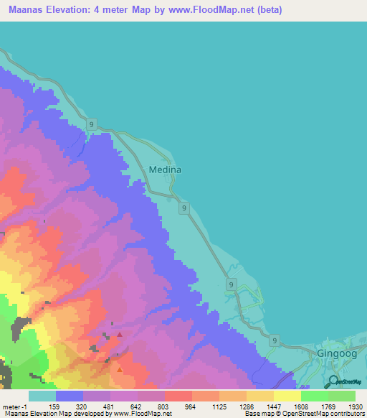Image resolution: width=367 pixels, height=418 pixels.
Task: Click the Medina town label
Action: [x=165, y=170]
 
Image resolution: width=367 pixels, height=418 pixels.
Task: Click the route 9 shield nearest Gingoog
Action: [x=275, y=340]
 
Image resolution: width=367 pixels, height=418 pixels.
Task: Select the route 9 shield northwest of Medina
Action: [x=92, y=125]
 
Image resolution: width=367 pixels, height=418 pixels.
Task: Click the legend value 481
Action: [x=109, y=406]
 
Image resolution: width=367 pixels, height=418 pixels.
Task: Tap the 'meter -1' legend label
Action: [x=15, y=406]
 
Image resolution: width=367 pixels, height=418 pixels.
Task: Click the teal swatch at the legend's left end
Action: [x=42, y=396]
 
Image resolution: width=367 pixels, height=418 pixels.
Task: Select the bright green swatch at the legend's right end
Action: [x=342, y=396]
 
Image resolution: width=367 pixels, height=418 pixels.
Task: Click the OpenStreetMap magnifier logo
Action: [x=331, y=382]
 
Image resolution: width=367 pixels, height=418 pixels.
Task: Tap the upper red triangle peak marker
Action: [x=120, y=334]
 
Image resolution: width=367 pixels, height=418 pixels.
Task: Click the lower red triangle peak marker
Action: [x=120, y=370]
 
